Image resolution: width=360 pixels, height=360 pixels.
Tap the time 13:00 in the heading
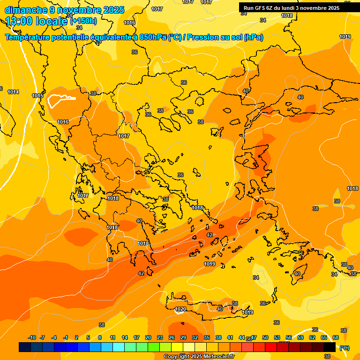[x=21, y=21]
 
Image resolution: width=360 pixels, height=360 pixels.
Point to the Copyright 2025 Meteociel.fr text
[x=199, y=356]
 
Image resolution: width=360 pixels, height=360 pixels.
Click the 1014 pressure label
[x=13, y=92]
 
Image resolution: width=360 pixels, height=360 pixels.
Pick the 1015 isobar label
[x=37, y=96]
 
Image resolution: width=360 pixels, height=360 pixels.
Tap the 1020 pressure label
[x=180, y=309]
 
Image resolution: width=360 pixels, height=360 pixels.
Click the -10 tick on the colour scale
[x=32, y=337]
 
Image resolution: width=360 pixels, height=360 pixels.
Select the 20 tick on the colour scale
[x=148, y=337]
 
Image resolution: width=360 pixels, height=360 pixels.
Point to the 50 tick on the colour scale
[x=265, y=337]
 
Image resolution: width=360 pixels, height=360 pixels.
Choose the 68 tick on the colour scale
[x=336, y=337]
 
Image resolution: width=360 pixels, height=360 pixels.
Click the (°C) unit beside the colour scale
[x=344, y=347]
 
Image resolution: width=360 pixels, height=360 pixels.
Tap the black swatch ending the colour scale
[x=330, y=347]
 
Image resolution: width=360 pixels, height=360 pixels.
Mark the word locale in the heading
[x=53, y=21]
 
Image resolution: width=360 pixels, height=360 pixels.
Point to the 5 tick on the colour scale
[x=88, y=337]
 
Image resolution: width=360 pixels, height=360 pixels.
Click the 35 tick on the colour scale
[x=207, y=337]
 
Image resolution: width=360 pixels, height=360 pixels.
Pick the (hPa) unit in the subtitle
[x=254, y=37]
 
